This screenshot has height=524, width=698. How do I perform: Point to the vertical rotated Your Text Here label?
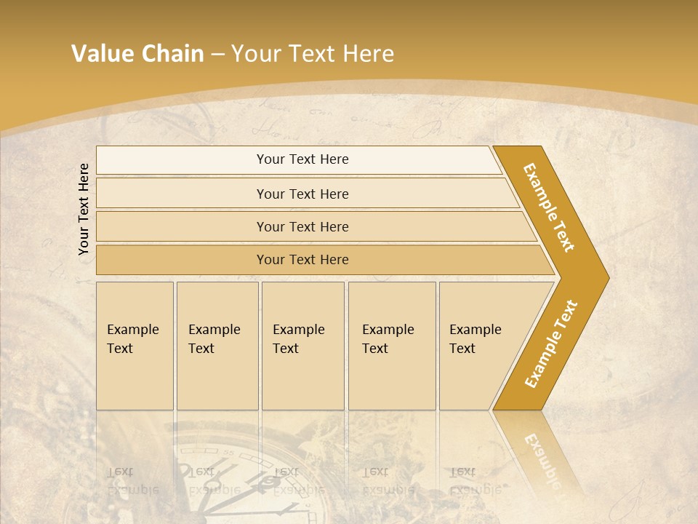point(84,209)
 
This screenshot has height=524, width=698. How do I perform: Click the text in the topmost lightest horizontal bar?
point(302,159)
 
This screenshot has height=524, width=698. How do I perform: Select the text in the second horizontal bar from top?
point(302,194)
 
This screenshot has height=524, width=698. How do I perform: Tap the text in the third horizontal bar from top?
point(302,227)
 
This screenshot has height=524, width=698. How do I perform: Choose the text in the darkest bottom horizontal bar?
point(302,260)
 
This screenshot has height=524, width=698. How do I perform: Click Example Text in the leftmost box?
point(132,339)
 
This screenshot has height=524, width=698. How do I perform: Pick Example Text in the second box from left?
point(214,339)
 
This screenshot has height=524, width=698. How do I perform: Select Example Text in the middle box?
point(298,339)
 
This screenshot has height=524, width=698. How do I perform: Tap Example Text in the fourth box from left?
point(388,339)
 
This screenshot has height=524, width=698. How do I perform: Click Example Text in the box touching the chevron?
point(475,339)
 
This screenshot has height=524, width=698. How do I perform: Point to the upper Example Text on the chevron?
point(550,207)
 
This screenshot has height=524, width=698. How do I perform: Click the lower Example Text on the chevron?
point(551,344)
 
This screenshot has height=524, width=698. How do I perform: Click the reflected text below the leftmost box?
point(132,480)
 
